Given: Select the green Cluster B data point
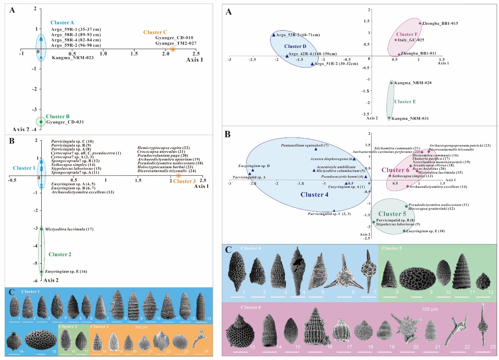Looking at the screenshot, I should [x=41, y=122].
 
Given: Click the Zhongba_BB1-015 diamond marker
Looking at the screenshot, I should [x=420, y=23].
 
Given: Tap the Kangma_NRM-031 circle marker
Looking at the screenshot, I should [x=389, y=118].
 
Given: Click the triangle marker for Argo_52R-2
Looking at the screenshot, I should [x=274, y=35].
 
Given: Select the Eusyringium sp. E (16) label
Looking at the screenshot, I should [x=63, y=272].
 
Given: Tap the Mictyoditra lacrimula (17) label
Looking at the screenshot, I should [x=66, y=229].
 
